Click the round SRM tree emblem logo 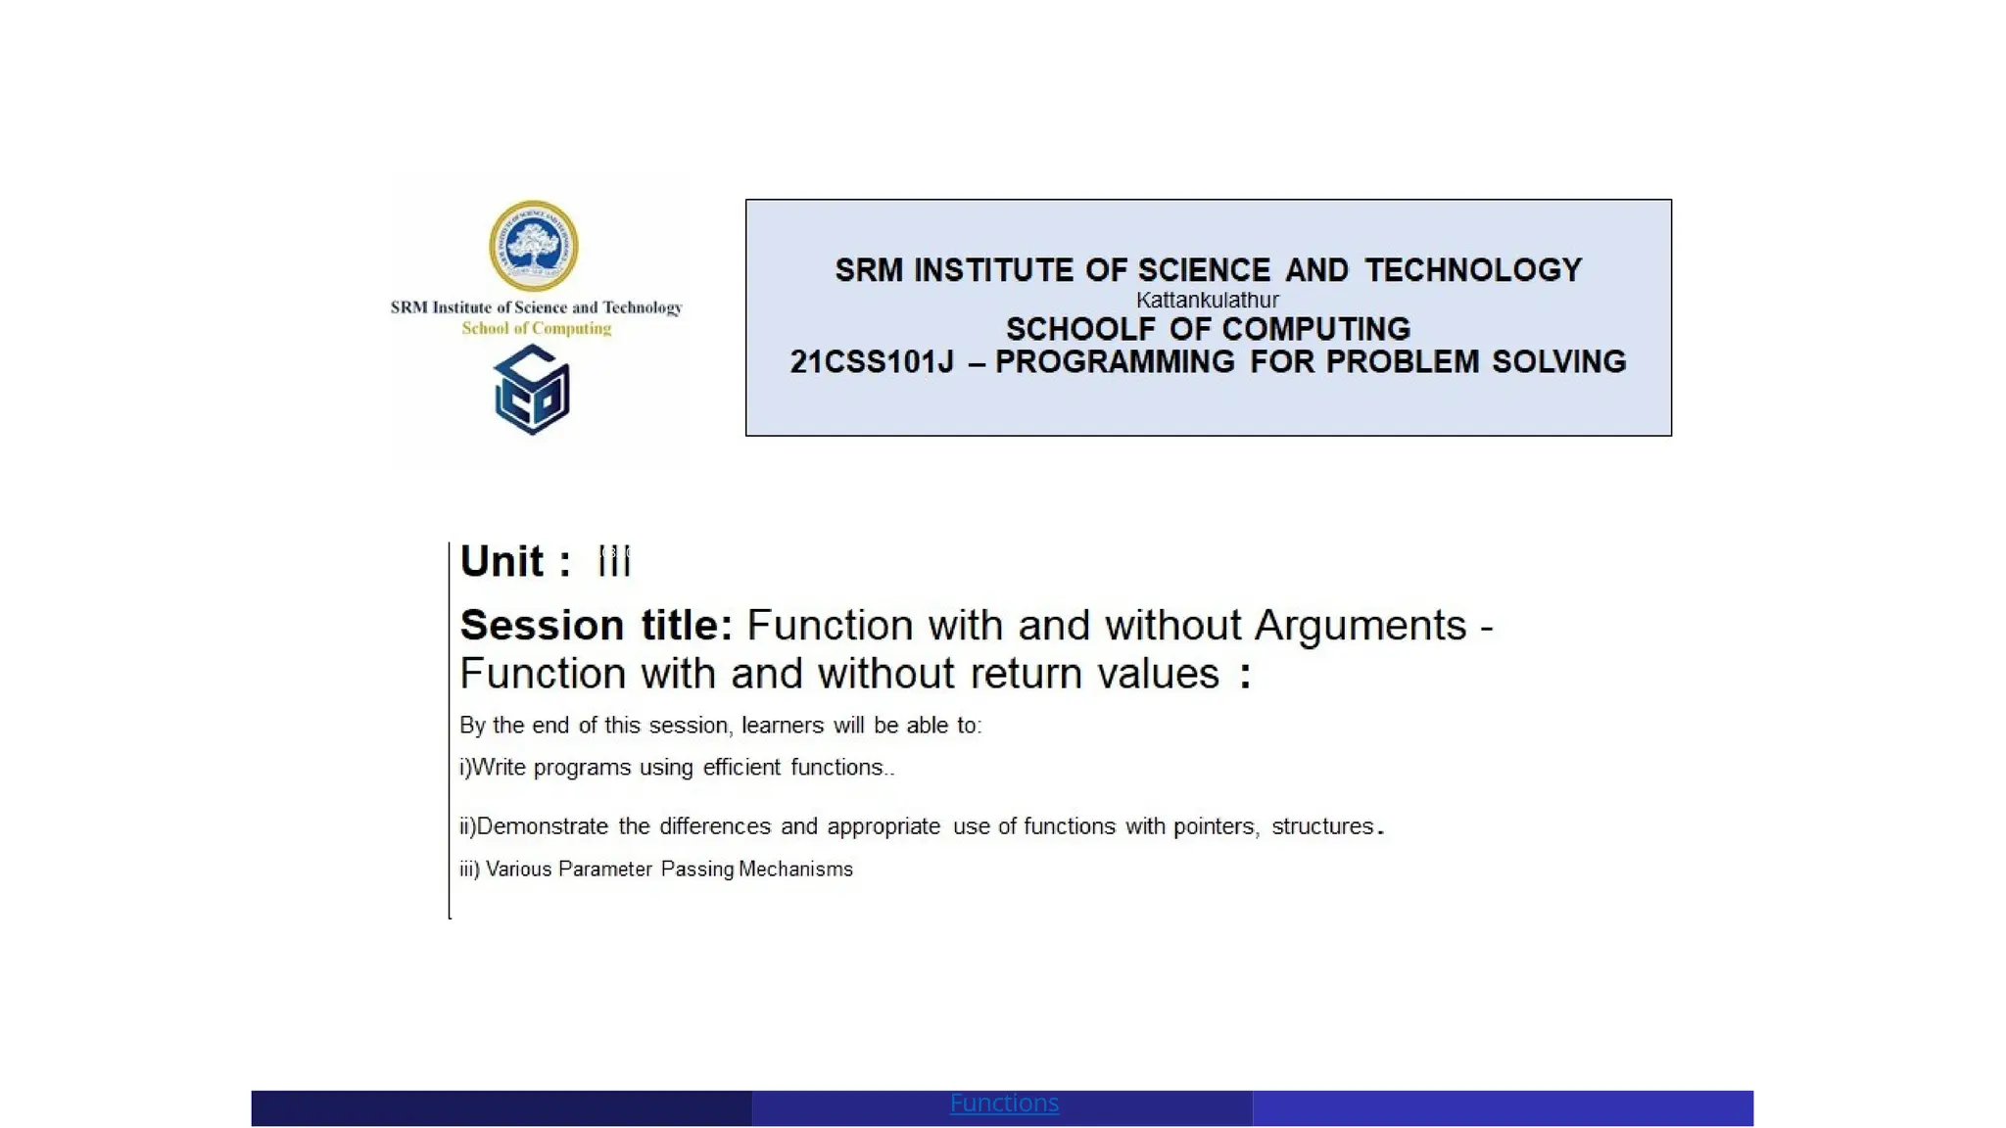coord(533,246)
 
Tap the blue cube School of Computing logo coord(532,390)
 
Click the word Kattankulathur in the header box coord(1207,301)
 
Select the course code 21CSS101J coord(871,362)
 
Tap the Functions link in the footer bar coord(1004,1104)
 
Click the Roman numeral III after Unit coord(614,562)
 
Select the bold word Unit coord(501,562)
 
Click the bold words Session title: coord(596,625)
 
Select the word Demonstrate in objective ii coord(542,826)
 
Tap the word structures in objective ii coord(1322,826)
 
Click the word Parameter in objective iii coord(604,869)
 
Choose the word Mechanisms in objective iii coord(795,869)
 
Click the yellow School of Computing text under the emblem coord(536,329)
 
